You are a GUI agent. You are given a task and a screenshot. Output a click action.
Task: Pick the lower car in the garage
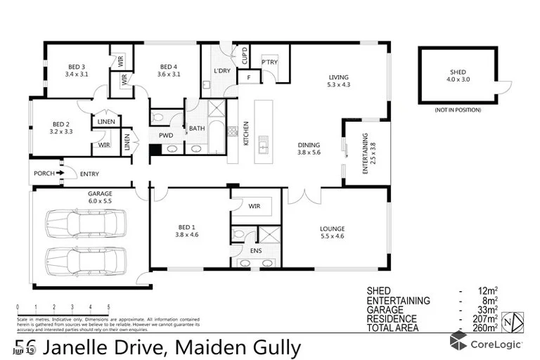79,258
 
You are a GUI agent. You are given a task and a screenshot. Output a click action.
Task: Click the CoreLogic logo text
496,345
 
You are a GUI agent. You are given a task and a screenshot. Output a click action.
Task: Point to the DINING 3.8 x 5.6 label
309,148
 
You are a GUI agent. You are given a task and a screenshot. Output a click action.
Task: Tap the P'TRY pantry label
269,62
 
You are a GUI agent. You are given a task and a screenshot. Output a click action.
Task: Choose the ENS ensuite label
256,250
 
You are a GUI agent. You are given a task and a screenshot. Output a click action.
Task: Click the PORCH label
44,174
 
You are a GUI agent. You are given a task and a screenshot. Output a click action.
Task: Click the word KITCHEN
247,133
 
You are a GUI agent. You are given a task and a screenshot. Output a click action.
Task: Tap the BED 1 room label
186,231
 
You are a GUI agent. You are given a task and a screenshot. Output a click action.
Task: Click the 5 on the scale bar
108,307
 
